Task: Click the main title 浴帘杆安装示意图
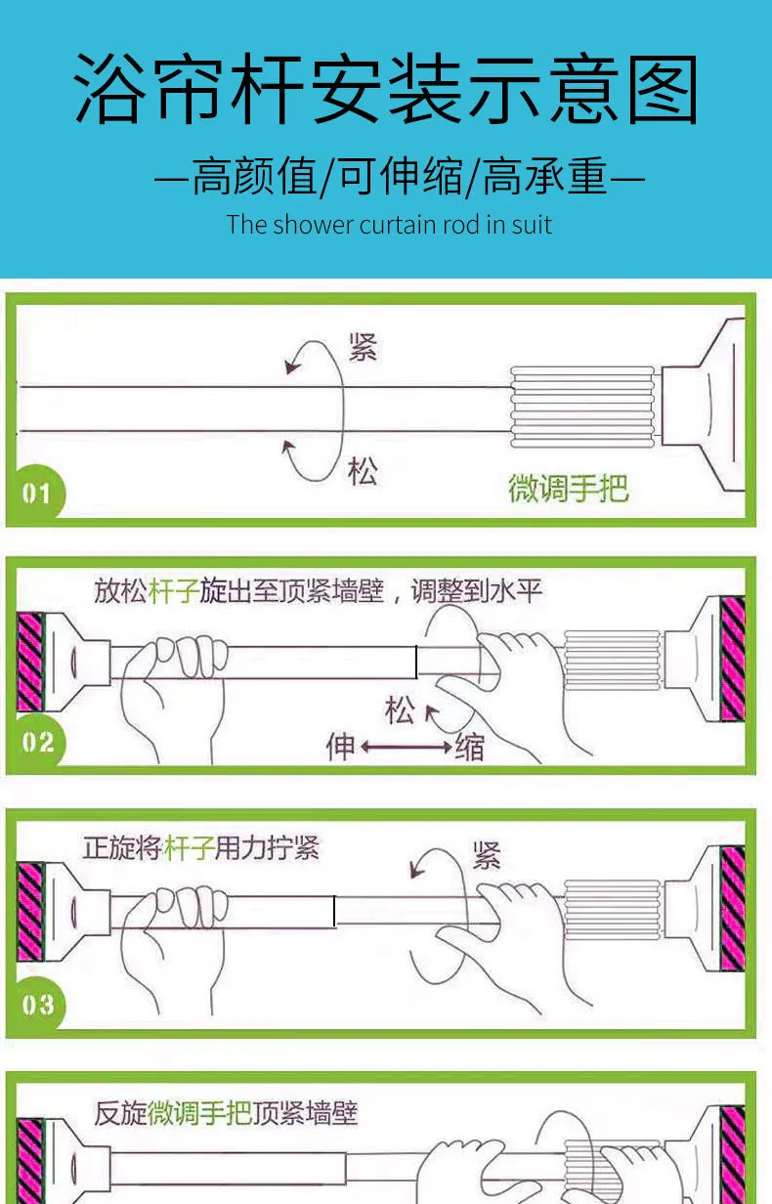(386, 89)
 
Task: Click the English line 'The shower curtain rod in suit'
(389, 225)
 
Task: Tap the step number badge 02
(38, 743)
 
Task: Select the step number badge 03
(38, 1005)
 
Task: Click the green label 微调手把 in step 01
(568, 488)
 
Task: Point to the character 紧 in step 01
(363, 347)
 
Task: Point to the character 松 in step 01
(363, 471)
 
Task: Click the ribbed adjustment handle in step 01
(582, 407)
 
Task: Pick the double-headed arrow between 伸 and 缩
(407, 747)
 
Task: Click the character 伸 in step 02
(341, 747)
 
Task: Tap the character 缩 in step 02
(469, 747)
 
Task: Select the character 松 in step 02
(400, 710)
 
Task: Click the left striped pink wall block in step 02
(30, 662)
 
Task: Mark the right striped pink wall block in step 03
(732, 909)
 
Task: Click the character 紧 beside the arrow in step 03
(487, 856)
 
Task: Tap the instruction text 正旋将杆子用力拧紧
(201, 848)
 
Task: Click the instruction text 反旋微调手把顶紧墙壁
(226, 1112)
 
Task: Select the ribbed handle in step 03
(613, 910)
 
